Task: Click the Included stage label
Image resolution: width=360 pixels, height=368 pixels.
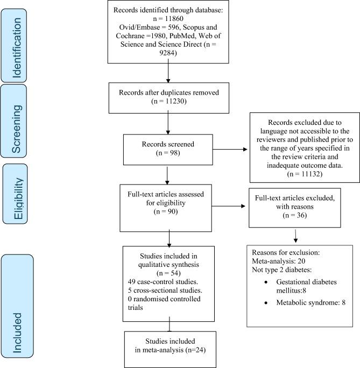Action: coord(18,309)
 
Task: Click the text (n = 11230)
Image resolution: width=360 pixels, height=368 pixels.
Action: coord(169,100)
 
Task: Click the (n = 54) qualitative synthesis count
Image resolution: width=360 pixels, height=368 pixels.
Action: coord(168,272)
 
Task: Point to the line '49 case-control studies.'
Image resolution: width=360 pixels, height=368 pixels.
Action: coord(162,281)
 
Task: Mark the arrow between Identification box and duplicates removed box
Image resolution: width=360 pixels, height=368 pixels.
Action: coord(168,70)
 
